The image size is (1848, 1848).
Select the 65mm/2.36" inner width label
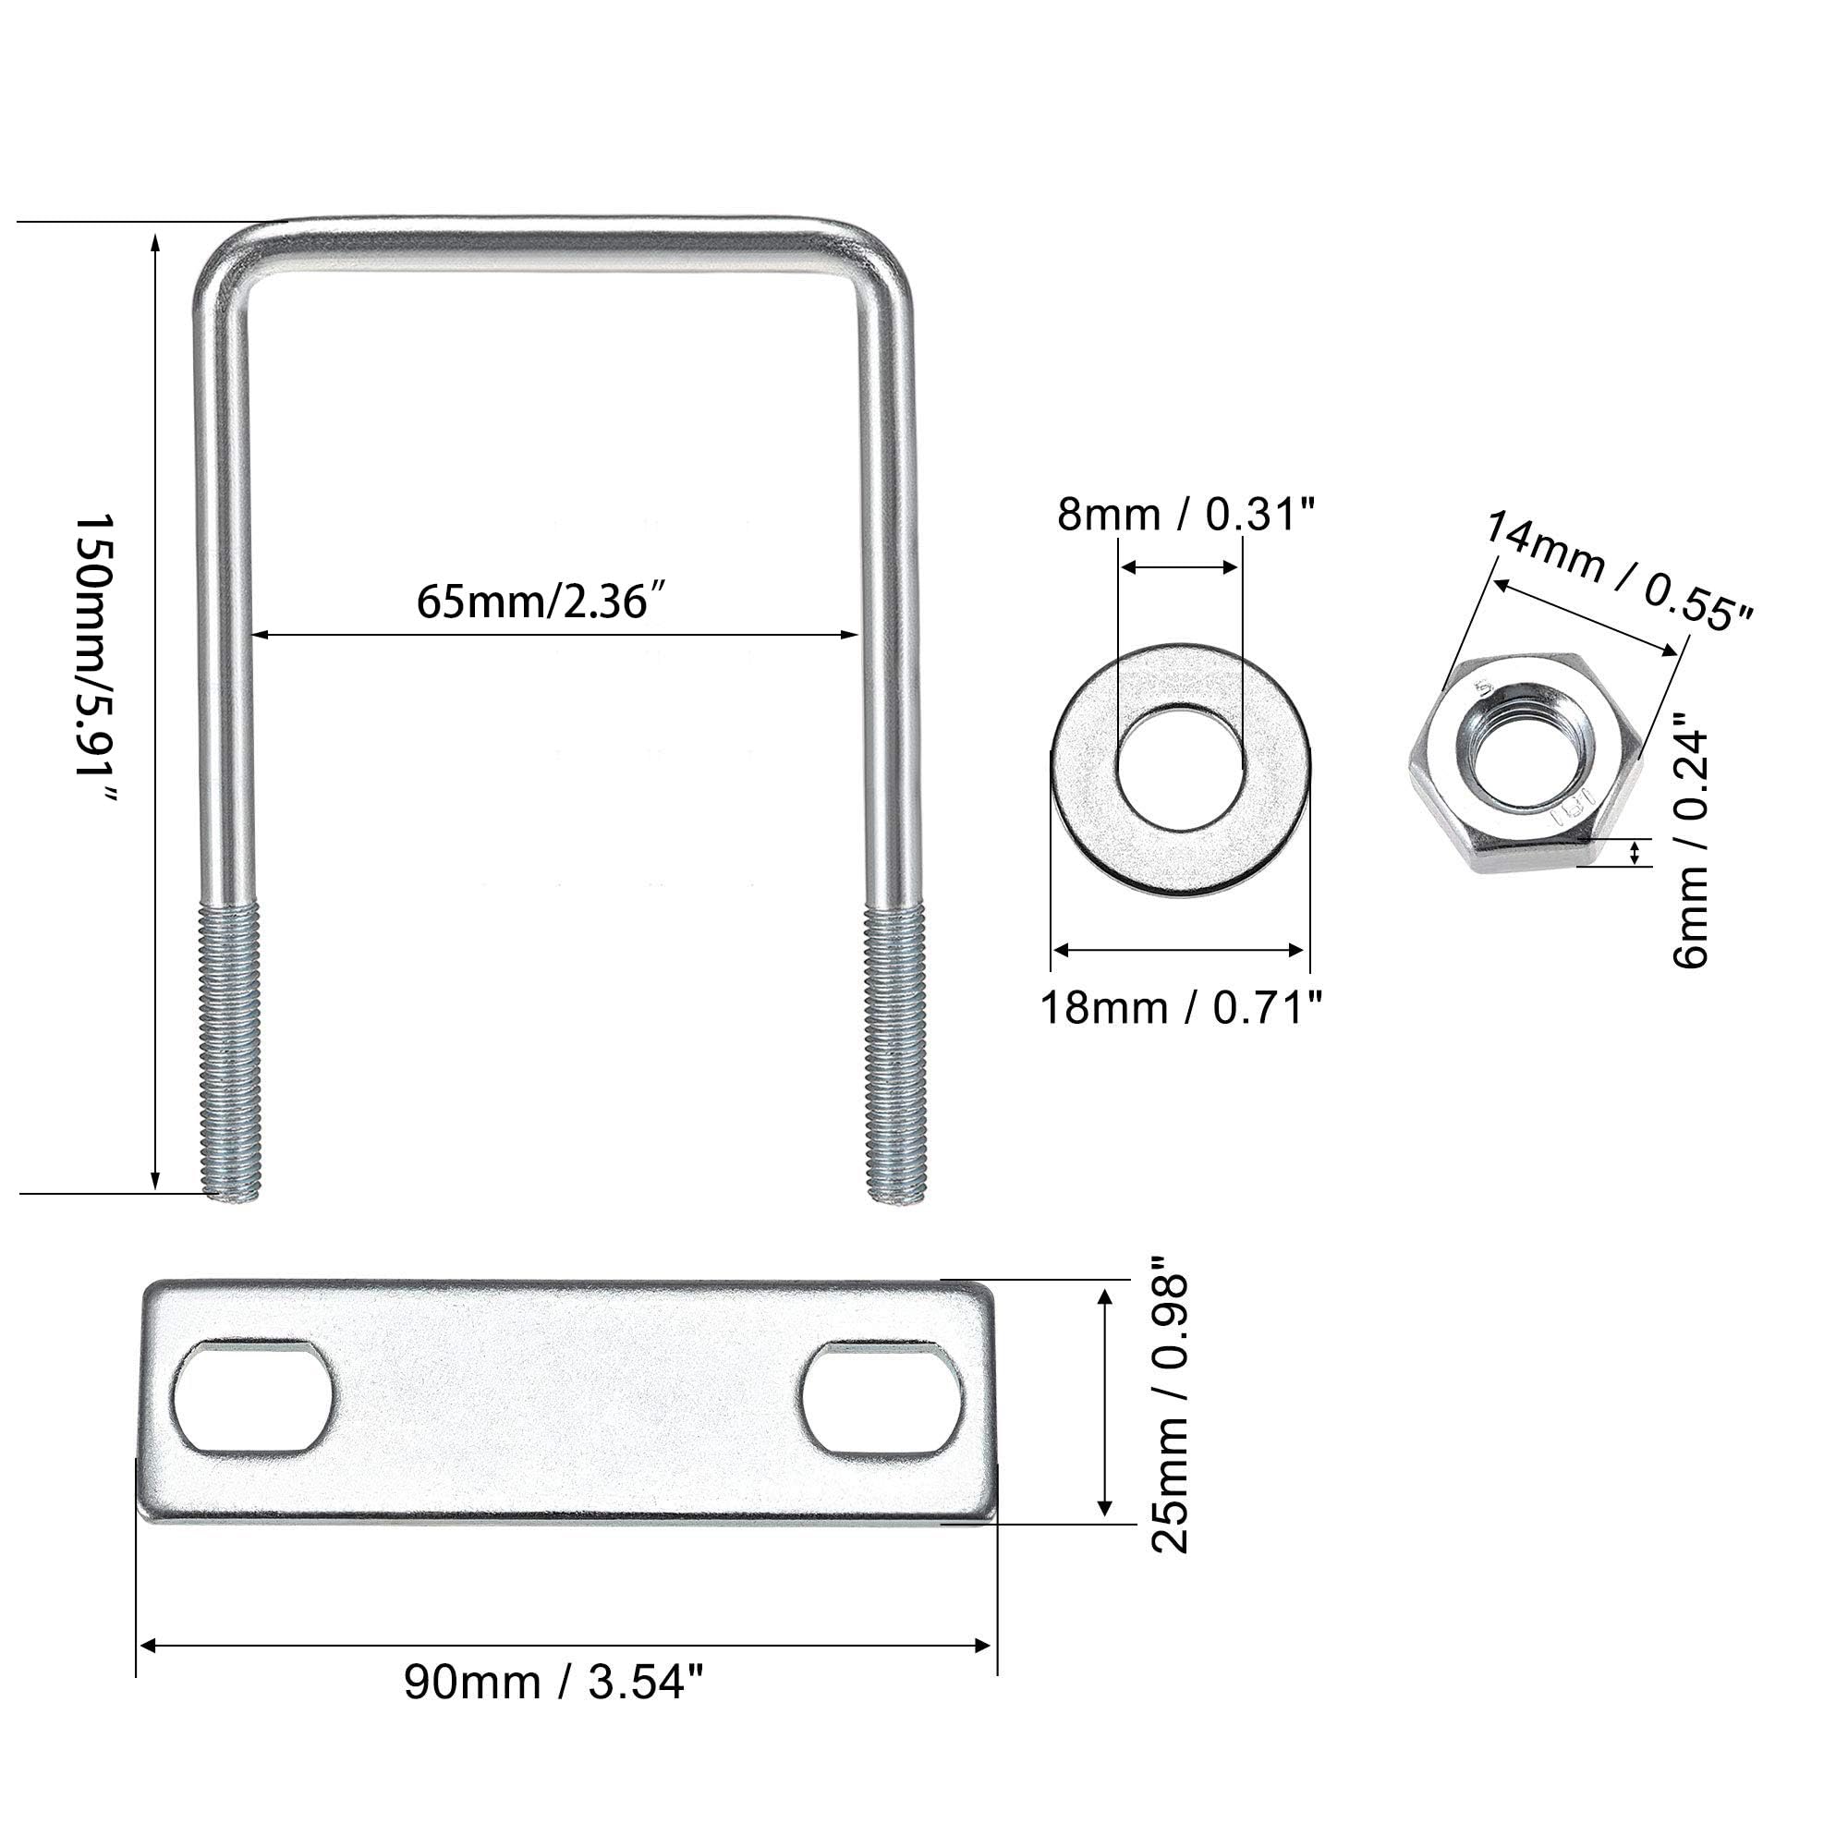[x=541, y=602]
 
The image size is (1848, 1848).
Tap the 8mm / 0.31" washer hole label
[x=1186, y=515]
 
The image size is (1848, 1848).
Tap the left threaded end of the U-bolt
[x=229, y=1052]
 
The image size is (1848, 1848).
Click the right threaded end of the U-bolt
[x=894, y=1052]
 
